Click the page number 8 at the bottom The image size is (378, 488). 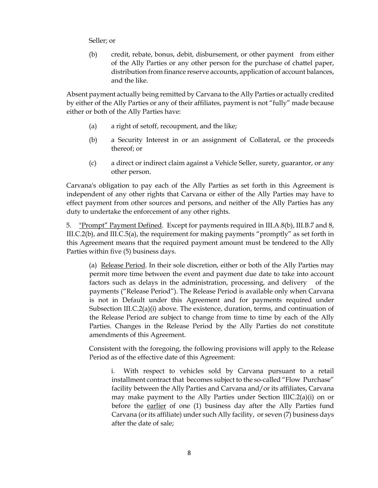point(189,453)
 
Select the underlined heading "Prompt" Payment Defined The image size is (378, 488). point(120,225)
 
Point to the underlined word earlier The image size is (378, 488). point(156,406)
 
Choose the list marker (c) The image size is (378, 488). point(93,163)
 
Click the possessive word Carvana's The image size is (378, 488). point(81,186)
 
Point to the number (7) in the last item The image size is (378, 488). point(286,415)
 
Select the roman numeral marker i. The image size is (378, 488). point(113,371)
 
